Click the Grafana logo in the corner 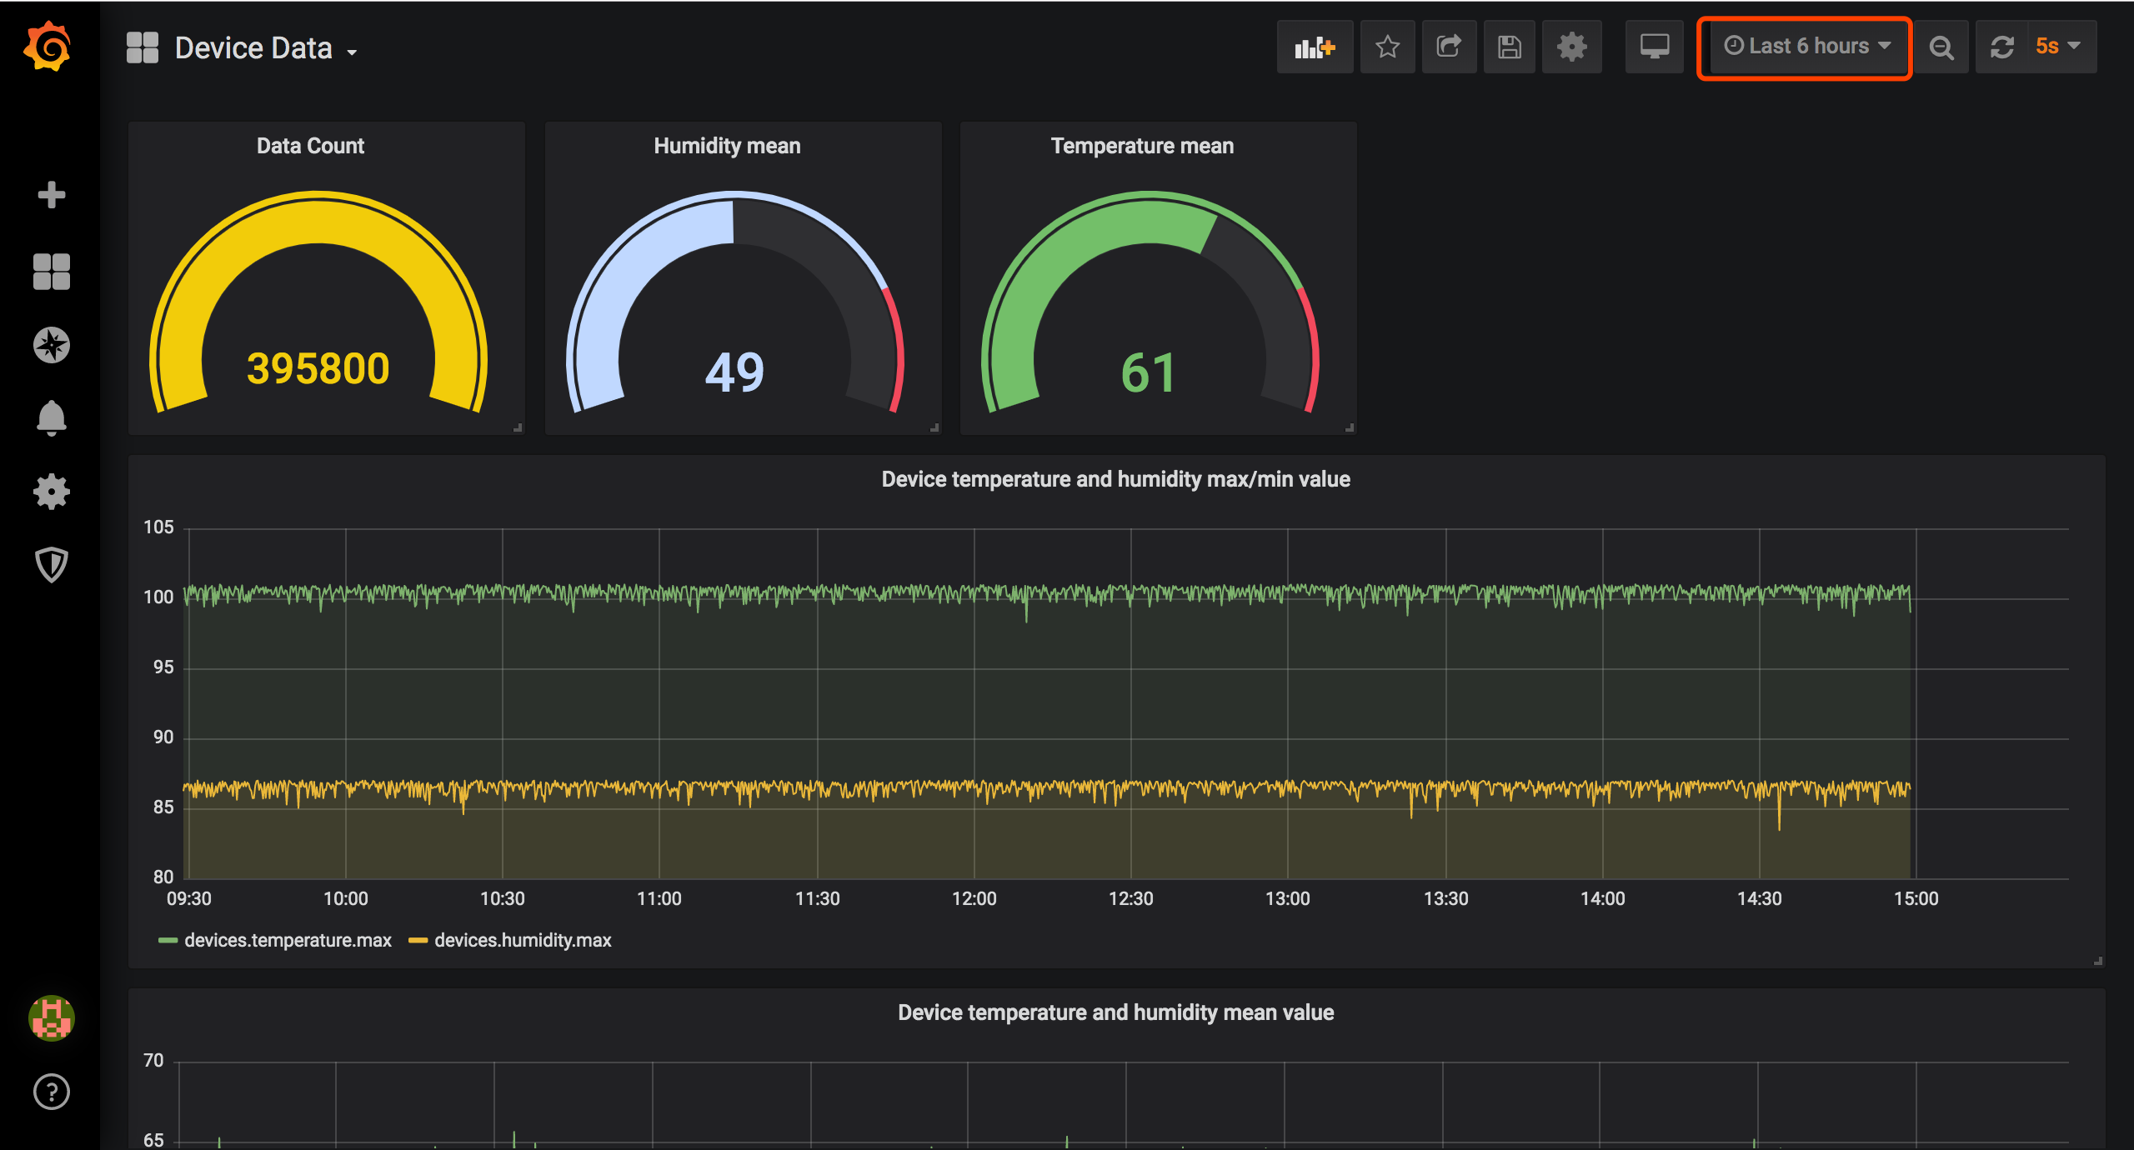[x=48, y=47]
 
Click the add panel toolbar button [x=1315, y=47]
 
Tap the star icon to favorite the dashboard [x=1387, y=47]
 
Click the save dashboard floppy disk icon [x=1509, y=47]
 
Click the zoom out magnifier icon [x=1941, y=47]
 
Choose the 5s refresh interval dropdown [x=2056, y=47]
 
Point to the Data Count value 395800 [x=318, y=368]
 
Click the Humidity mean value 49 [x=734, y=372]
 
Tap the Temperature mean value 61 [x=1148, y=372]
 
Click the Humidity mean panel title [x=727, y=146]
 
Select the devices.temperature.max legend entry [x=287, y=940]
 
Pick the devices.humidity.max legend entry [x=522, y=940]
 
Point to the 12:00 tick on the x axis [x=974, y=898]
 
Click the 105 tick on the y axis [x=158, y=527]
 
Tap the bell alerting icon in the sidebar [x=52, y=417]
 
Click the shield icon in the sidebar [x=52, y=564]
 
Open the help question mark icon [x=52, y=1092]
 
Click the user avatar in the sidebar [x=52, y=1017]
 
